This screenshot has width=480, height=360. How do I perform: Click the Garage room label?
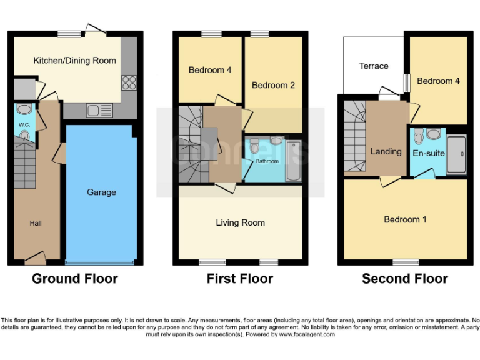coord(101,192)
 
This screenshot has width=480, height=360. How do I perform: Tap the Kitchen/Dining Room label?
coord(74,61)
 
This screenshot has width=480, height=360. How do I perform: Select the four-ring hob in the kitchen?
coord(129,83)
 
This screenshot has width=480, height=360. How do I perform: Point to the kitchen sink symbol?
coord(100,111)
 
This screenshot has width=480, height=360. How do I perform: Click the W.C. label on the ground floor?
coord(24,125)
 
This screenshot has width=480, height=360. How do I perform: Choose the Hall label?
coord(36,223)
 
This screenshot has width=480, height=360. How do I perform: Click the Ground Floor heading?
coord(75,279)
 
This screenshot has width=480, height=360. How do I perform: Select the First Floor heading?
coord(240,279)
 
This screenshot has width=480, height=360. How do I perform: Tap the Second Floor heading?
coord(405,279)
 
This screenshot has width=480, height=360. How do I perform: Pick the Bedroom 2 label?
coord(273,85)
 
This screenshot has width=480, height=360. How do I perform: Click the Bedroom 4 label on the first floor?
coord(210,70)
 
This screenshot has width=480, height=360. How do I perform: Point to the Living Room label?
coord(240,222)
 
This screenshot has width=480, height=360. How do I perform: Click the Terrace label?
coord(374,66)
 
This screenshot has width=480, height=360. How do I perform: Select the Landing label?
coord(386,151)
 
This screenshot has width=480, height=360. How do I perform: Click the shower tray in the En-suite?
coord(456,154)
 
